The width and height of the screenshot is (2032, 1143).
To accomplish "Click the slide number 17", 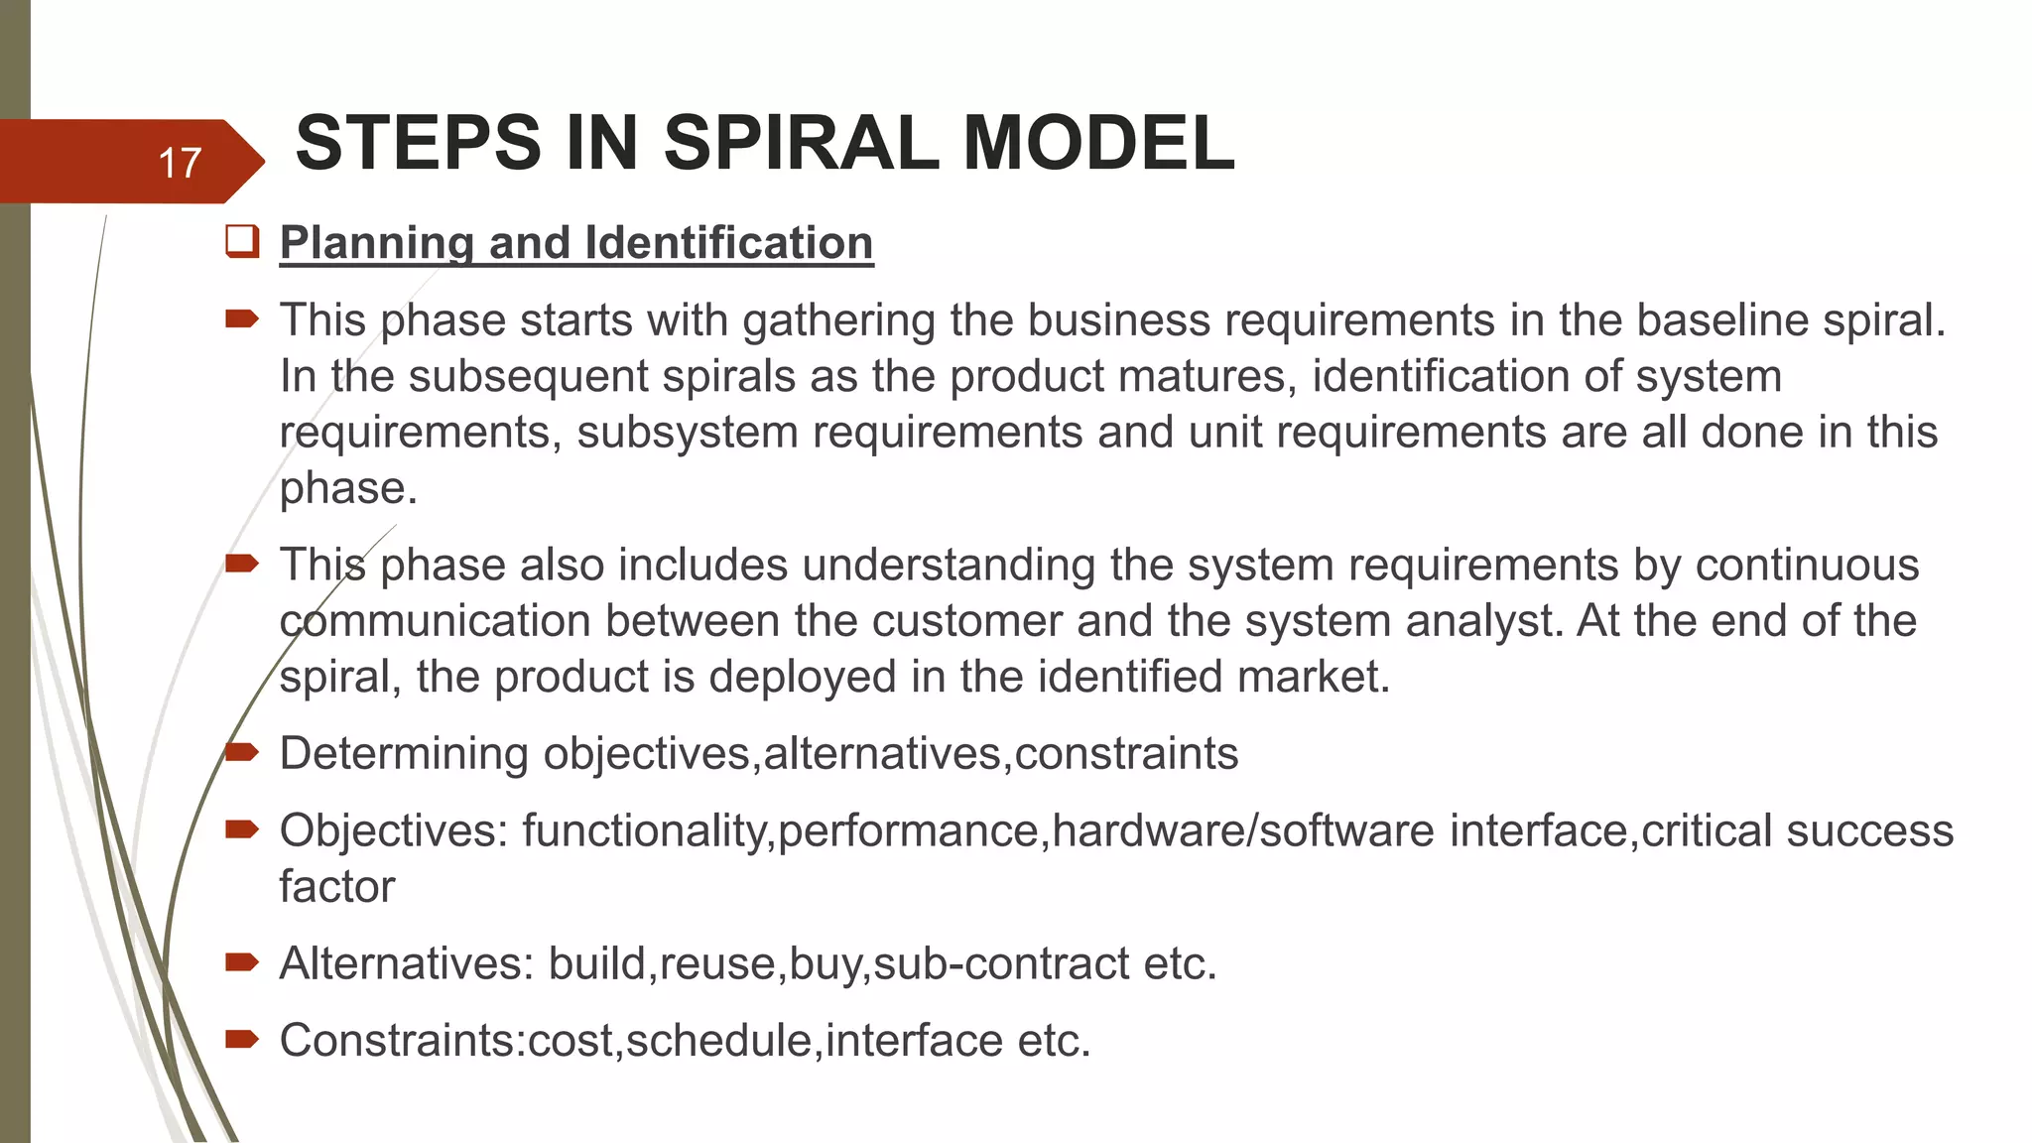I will click(180, 163).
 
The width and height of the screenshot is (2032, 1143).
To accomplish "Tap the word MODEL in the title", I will click(1098, 143).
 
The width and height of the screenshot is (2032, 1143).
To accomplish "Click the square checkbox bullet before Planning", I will click(242, 241).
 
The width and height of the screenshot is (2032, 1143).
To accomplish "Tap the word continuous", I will click(1807, 565).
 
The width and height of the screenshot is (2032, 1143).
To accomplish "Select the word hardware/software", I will click(1243, 830).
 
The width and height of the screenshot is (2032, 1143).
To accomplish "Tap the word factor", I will click(337, 886).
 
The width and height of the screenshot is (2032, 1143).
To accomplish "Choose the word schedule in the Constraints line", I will click(719, 1041).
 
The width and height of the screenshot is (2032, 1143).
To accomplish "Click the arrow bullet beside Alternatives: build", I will click(242, 961).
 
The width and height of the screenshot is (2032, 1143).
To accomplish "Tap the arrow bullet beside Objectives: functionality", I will click(242, 828).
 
